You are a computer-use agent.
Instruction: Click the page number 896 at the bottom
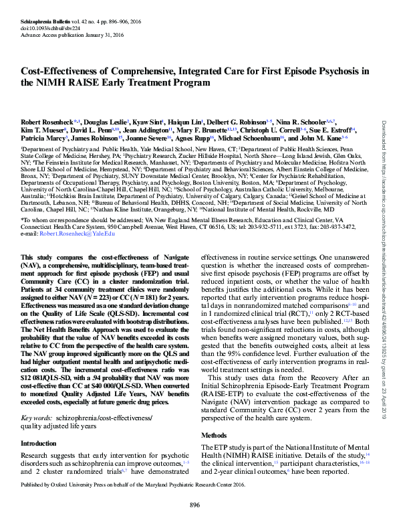click(x=195, y=505)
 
